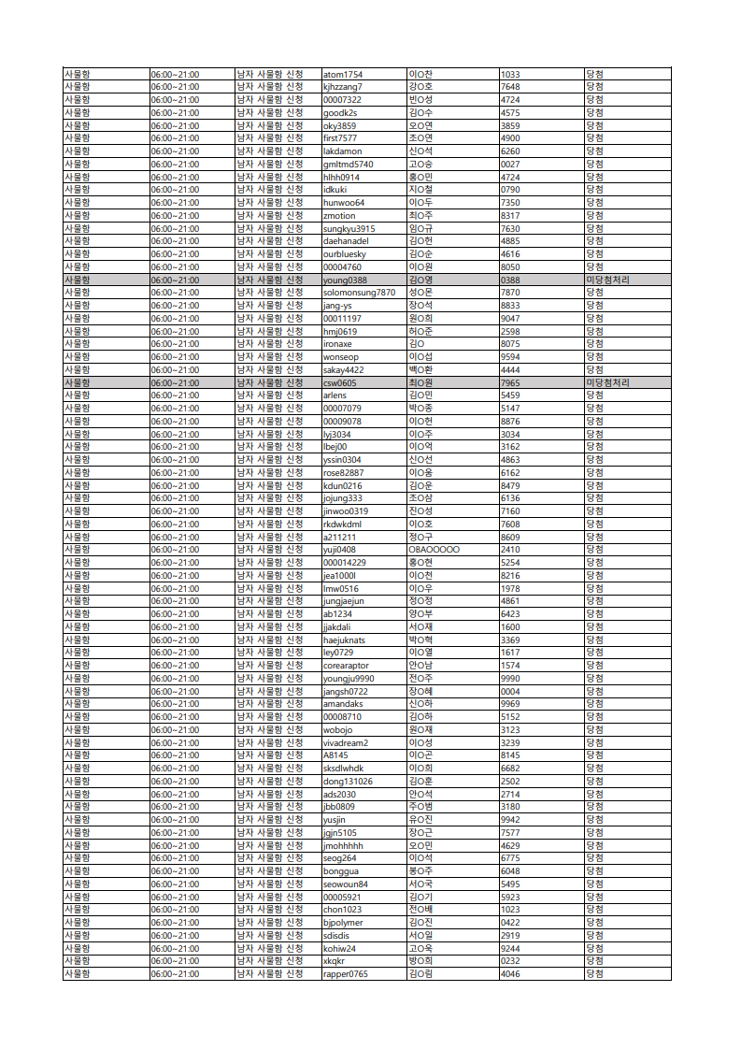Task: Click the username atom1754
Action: (342, 74)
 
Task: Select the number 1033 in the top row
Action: (510, 74)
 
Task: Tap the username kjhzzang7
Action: (342, 87)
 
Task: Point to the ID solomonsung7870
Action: (359, 293)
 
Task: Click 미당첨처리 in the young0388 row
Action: (608, 280)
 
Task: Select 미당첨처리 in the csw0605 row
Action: (608, 382)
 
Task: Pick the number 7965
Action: (510, 382)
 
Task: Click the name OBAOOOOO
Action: (434, 550)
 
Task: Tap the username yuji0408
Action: (339, 550)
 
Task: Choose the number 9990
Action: (510, 678)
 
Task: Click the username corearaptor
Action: (345, 666)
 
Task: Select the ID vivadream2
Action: (346, 742)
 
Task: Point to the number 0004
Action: (510, 691)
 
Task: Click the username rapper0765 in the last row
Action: (346, 974)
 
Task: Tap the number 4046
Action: (510, 974)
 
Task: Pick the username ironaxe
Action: (338, 344)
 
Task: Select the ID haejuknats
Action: (344, 639)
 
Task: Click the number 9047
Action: (510, 318)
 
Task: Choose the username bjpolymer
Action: (343, 923)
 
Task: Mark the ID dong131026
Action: (348, 781)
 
